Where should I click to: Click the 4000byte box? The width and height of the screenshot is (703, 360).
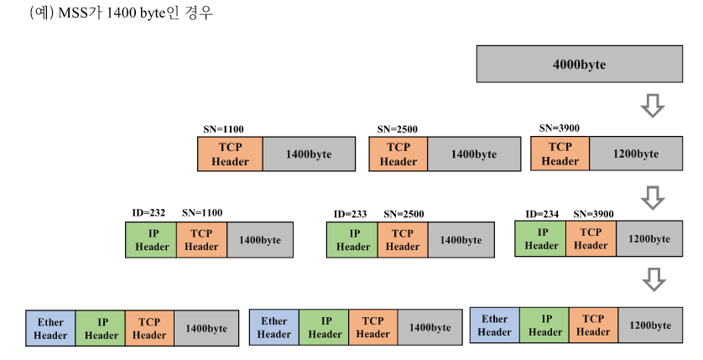[579, 65]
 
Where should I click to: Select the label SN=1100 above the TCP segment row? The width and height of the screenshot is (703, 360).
[224, 129]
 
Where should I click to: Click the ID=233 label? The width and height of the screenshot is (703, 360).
[351, 214]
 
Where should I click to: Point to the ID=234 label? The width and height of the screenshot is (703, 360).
[543, 213]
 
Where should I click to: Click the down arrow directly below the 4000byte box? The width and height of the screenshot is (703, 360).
[652, 106]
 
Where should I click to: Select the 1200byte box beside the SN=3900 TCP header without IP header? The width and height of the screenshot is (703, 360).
[635, 154]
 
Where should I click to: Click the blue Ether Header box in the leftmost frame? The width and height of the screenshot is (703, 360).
[50, 328]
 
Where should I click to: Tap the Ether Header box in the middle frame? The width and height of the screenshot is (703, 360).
[274, 327]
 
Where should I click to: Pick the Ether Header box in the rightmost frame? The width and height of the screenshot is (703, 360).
[494, 326]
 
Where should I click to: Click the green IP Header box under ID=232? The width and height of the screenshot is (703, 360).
[151, 240]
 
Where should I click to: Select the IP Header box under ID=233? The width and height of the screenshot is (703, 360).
[352, 240]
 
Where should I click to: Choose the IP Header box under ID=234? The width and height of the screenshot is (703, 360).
[541, 239]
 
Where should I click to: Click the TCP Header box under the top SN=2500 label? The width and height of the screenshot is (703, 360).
[398, 154]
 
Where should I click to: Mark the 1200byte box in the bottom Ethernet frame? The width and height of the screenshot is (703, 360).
[649, 326]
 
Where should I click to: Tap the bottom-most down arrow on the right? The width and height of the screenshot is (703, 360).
[652, 279]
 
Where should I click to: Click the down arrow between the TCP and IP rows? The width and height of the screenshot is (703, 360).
[652, 197]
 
